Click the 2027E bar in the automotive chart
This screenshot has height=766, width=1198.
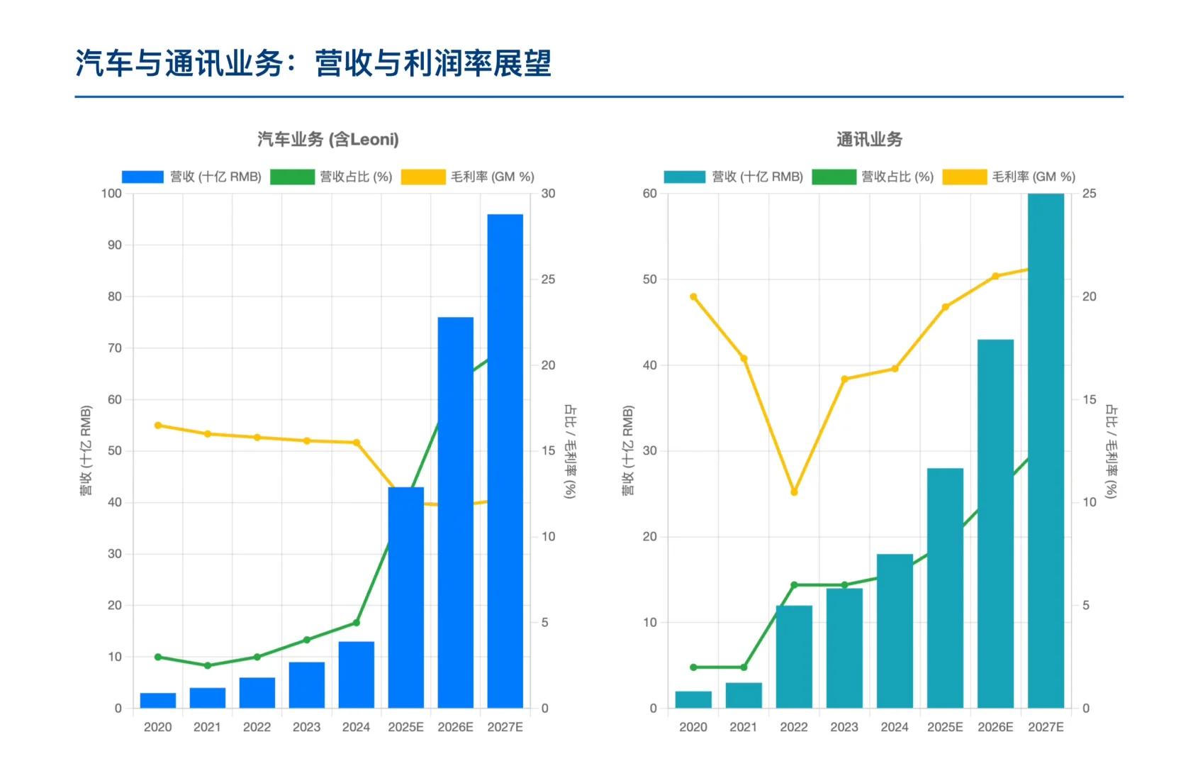click(505, 461)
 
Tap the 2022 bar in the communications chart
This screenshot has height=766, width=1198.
click(794, 657)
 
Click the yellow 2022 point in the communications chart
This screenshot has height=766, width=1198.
click(794, 492)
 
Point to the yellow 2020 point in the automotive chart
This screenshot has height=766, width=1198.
click(158, 426)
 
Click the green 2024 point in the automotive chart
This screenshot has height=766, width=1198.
click(357, 623)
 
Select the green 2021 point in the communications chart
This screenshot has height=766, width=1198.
click(744, 667)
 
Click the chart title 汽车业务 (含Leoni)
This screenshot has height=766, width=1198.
click(328, 139)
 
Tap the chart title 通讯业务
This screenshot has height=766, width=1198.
click(869, 139)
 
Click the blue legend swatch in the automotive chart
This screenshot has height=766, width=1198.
click(142, 177)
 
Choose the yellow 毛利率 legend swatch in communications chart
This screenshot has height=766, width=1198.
click(964, 177)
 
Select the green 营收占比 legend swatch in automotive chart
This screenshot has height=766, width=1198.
click(292, 177)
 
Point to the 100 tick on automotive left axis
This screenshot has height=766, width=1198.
click(111, 194)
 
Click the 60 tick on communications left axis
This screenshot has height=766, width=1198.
click(649, 194)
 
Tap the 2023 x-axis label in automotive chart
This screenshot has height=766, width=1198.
click(306, 727)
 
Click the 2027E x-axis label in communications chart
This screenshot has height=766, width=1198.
click(1046, 727)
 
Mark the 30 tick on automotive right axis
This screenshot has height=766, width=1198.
click(548, 194)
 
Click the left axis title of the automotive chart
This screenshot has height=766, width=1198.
click(86, 450)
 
